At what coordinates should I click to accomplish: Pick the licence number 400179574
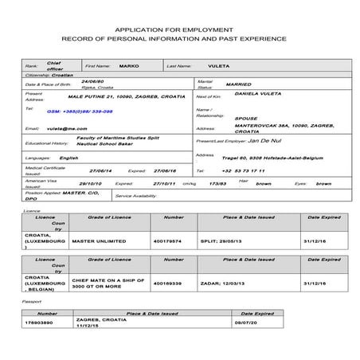pyautogui.click(x=172, y=240)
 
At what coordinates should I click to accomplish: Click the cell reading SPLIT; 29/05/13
pyautogui.click(x=244, y=240)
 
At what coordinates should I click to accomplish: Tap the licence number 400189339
pyautogui.click(x=172, y=283)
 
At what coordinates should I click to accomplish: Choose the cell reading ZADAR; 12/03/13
pyautogui.click(x=244, y=283)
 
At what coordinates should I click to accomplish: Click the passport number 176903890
pyautogui.click(x=43, y=323)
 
